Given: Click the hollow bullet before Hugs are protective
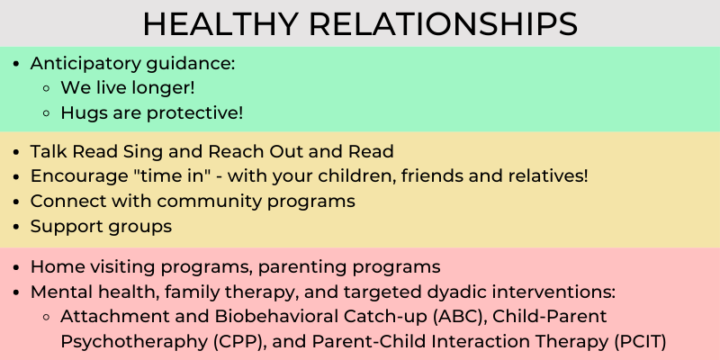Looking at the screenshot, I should (48, 112).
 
